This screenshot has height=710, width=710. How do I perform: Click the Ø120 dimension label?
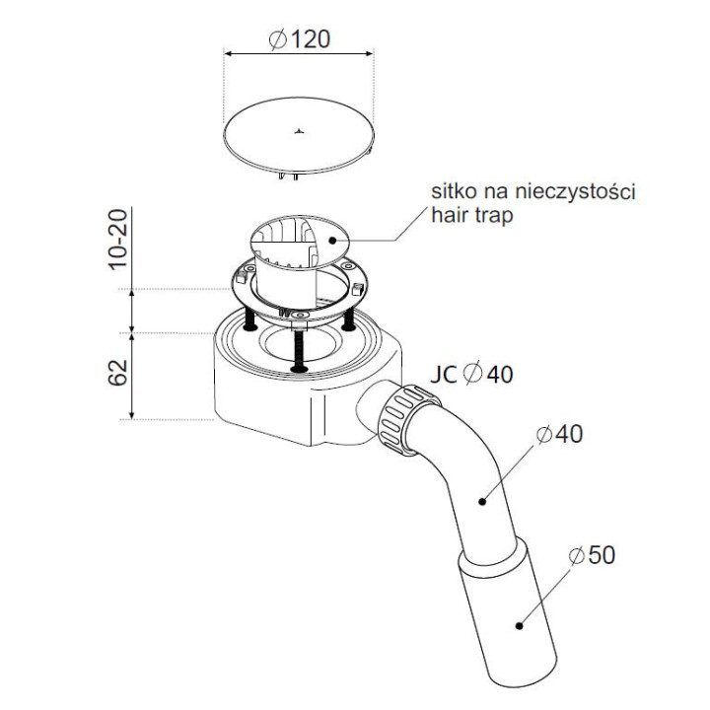point(299,38)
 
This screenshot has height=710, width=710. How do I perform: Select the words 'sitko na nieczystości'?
point(532,191)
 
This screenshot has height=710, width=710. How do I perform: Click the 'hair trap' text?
point(472,215)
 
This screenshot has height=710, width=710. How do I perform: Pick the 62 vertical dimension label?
point(117,375)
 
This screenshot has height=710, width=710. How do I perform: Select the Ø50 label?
point(591,555)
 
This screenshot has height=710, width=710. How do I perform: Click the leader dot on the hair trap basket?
point(333,238)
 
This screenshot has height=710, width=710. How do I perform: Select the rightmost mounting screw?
point(348,320)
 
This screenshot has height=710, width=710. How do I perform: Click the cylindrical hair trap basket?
point(292,256)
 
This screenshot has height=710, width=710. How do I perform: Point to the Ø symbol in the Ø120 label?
point(278,38)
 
